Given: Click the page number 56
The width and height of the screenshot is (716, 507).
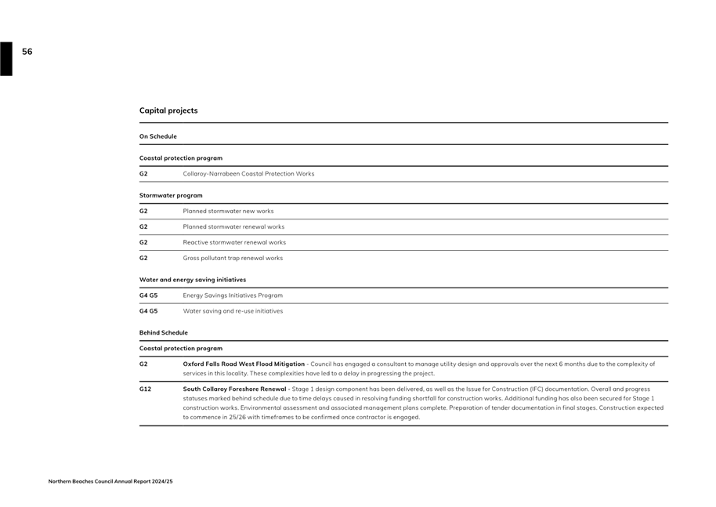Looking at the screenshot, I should pyautogui.click(x=27, y=52).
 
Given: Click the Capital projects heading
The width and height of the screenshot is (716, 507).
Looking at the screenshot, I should pyautogui.click(x=168, y=110).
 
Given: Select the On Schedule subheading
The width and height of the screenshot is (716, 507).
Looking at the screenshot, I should pyautogui.click(x=158, y=136).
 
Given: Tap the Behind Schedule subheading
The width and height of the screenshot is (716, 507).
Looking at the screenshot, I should pyautogui.click(x=164, y=332).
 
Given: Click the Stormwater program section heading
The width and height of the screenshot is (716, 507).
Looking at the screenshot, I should pyautogui.click(x=171, y=195).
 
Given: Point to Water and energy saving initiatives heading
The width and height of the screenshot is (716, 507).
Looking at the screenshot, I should pyautogui.click(x=193, y=280).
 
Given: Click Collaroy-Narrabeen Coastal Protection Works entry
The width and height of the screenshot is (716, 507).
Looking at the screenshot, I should pyautogui.click(x=248, y=174).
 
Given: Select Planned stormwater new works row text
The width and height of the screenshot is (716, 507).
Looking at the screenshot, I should pyautogui.click(x=228, y=211).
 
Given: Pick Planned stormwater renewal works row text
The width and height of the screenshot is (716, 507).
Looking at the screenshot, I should pyautogui.click(x=233, y=226).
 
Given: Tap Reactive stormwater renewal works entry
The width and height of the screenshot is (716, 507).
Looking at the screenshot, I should pyautogui.click(x=234, y=242).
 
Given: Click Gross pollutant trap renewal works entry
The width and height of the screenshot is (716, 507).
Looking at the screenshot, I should pyautogui.click(x=233, y=258).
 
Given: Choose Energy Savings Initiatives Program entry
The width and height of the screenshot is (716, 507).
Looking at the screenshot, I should pyautogui.click(x=233, y=295).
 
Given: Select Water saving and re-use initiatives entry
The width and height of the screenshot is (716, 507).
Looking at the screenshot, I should pyautogui.click(x=233, y=311).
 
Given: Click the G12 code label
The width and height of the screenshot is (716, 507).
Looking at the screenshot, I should pyautogui.click(x=145, y=389).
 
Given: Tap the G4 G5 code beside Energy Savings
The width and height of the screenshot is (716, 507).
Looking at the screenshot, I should pyautogui.click(x=148, y=295).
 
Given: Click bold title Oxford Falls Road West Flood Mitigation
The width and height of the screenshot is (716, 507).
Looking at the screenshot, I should pyautogui.click(x=244, y=364).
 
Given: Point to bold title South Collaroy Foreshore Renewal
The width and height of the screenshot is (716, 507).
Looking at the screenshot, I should pyautogui.click(x=235, y=389).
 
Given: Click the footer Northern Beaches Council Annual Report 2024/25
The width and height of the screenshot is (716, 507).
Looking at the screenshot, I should pyautogui.click(x=110, y=481).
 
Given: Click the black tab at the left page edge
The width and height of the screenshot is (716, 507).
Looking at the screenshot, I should pyautogui.click(x=6, y=59).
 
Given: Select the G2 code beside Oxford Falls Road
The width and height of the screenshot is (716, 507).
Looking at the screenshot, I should pyautogui.click(x=143, y=364).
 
